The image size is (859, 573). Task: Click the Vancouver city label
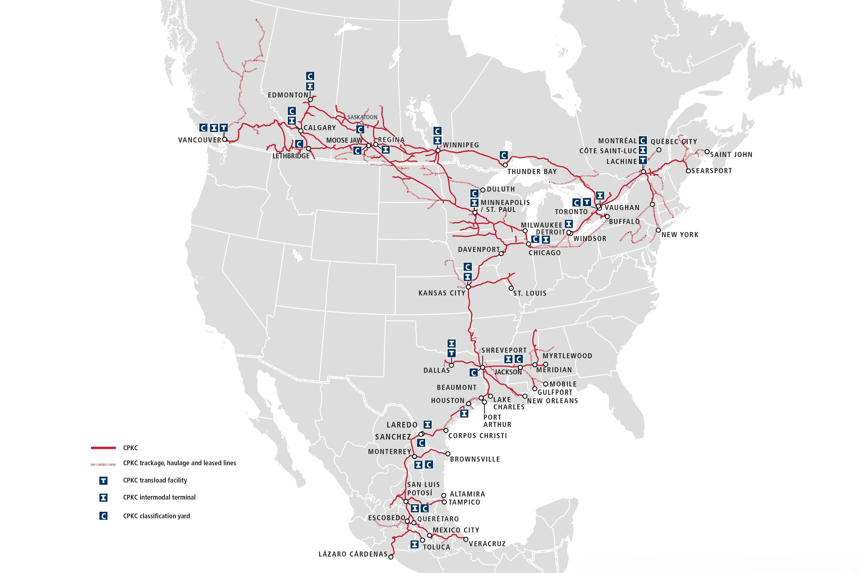pyautogui.click(x=199, y=140)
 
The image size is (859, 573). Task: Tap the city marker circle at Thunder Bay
pyautogui.click(x=505, y=165)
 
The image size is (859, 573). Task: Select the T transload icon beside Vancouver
pyautogui.click(x=223, y=128)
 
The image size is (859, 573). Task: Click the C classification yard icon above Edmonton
pyautogui.click(x=310, y=76)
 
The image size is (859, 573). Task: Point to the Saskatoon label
pyautogui.click(x=362, y=117)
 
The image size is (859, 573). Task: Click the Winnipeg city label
pyautogui.click(x=461, y=145)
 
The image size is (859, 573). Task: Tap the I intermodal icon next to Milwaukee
pyautogui.click(x=568, y=224)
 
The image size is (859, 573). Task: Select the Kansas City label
pyautogui.click(x=442, y=293)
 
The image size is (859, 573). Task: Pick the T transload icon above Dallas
pyautogui.click(x=452, y=353)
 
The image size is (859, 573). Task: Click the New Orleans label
pyautogui.click(x=552, y=401)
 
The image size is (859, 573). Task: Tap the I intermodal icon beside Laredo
pyautogui.click(x=427, y=424)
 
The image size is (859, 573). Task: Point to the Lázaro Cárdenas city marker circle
pyautogui.click(x=391, y=557)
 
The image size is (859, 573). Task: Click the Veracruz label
pyautogui.click(x=487, y=544)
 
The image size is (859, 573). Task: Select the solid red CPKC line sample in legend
pyautogui.click(x=103, y=448)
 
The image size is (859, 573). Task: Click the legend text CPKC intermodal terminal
pyautogui.click(x=159, y=497)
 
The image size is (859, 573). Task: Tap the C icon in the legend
pyautogui.click(x=103, y=516)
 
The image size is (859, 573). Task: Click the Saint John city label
pyautogui.click(x=731, y=155)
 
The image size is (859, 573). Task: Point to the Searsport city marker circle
pyautogui.click(x=688, y=171)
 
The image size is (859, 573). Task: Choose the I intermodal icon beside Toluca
pyautogui.click(x=414, y=544)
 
